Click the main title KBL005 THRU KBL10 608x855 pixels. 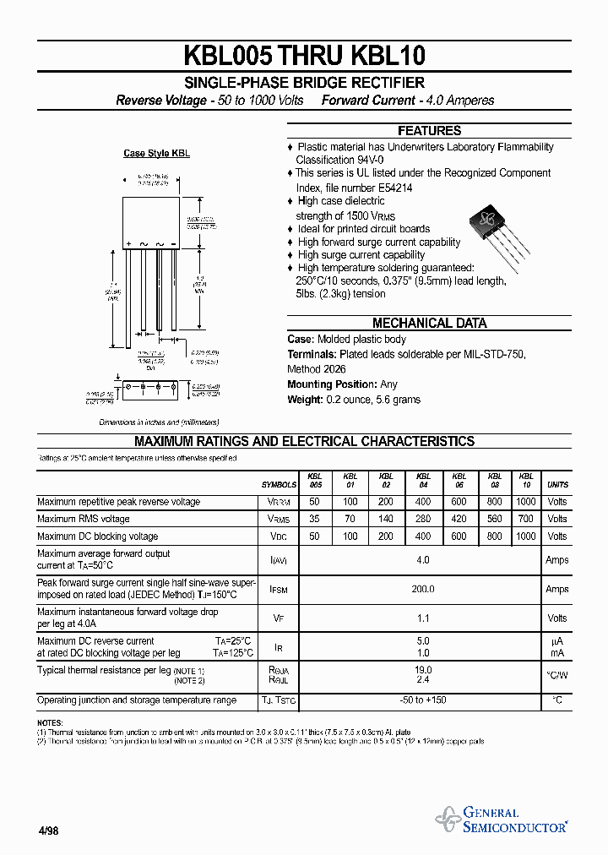pyautogui.click(x=305, y=56)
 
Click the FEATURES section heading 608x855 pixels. pyautogui.click(x=429, y=131)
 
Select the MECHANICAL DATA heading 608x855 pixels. pyautogui.click(x=429, y=323)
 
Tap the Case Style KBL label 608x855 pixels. pyautogui.click(x=156, y=154)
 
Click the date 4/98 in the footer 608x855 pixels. pyautogui.click(x=48, y=831)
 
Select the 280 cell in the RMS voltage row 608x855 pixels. pyautogui.click(x=423, y=520)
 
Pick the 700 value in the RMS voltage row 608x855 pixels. pyautogui.click(x=525, y=520)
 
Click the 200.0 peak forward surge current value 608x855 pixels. pyautogui.click(x=422, y=590)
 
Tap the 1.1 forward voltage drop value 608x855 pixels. pyautogui.click(x=422, y=618)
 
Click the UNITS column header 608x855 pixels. pyautogui.click(x=557, y=485)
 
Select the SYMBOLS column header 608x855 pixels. pyautogui.click(x=279, y=485)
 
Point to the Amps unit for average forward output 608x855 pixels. pyautogui.click(x=557, y=560)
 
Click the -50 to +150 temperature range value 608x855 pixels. pyautogui.click(x=422, y=700)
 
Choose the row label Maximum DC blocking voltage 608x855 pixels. pyautogui.click(x=97, y=536)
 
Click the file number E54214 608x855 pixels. pyautogui.click(x=390, y=188)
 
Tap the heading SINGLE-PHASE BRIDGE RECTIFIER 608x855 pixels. pyautogui.click(x=305, y=83)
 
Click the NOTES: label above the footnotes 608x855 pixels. pyautogui.click(x=50, y=723)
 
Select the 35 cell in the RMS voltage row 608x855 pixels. pyautogui.click(x=315, y=520)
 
